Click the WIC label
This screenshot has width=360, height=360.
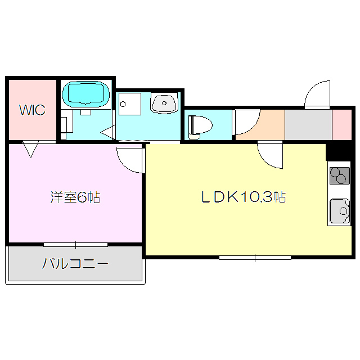(x=33, y=110)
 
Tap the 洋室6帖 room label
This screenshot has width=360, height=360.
(x=75, y=197)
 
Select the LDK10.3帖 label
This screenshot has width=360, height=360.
(x=244, y=197)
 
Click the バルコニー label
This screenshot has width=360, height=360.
(x=75, y=263)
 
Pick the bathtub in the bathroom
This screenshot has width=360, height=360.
(x=86, y=94)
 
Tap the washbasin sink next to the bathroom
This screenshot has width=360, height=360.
(x=164, y=103)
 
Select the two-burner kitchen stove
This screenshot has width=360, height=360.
(x=339, y=177)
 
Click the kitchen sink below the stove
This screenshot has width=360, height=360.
(x=339, y=211)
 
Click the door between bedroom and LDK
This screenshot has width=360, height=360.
(x=130, y=159)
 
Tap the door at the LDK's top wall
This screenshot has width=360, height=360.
(x=270, y=155)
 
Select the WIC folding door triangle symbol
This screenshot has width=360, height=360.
(x=31, y=149)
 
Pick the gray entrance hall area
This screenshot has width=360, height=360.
(x=308, y=124)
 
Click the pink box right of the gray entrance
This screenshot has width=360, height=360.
(x=341, y=124)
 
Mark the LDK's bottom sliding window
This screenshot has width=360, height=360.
(x=255, y=258)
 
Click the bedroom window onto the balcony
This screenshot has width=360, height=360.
(x=75, y=245)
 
